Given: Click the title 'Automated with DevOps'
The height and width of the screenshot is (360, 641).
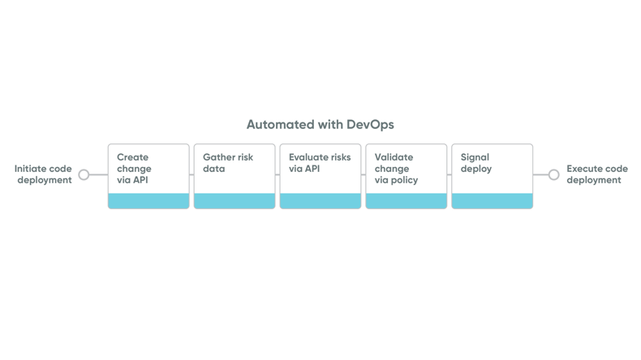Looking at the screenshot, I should [320, 125].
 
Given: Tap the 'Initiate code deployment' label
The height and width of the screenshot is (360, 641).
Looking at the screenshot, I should [43, 174].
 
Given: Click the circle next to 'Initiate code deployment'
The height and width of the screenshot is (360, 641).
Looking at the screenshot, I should [84, 174].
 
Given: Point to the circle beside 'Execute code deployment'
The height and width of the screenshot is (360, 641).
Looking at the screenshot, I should [553, 174].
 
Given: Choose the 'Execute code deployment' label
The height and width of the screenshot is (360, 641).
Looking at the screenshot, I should [597, 174].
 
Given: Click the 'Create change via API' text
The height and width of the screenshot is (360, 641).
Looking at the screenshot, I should [134, 169].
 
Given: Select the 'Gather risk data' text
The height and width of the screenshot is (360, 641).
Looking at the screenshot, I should [227, 163].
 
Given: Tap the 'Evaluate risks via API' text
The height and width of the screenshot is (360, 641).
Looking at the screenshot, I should [320, 163].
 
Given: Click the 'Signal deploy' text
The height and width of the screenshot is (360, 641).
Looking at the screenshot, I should [476, 163].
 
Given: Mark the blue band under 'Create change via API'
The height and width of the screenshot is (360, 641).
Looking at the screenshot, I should [148, 201].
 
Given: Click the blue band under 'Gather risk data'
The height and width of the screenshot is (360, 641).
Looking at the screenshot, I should [234, 201].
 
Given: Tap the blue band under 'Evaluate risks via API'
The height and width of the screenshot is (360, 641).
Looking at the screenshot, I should [320, 201].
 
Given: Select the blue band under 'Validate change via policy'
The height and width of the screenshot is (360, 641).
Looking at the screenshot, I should [407, 201].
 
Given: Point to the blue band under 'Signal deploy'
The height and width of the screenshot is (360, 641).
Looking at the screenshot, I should [493, 201].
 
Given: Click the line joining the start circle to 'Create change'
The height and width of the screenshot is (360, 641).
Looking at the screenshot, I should [98, 174].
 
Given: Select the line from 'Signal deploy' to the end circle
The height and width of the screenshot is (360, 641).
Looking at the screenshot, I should [540, 174].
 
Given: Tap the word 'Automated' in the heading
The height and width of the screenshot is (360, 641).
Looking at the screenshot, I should [277, 125].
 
